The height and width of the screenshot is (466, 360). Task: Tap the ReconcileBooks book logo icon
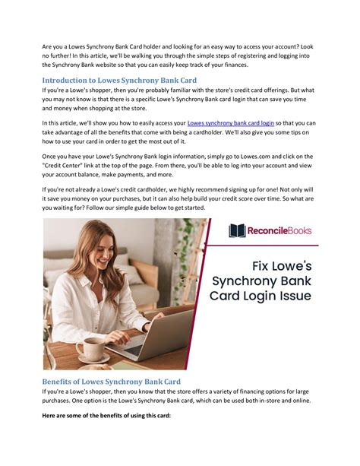click(x=236, y=230)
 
